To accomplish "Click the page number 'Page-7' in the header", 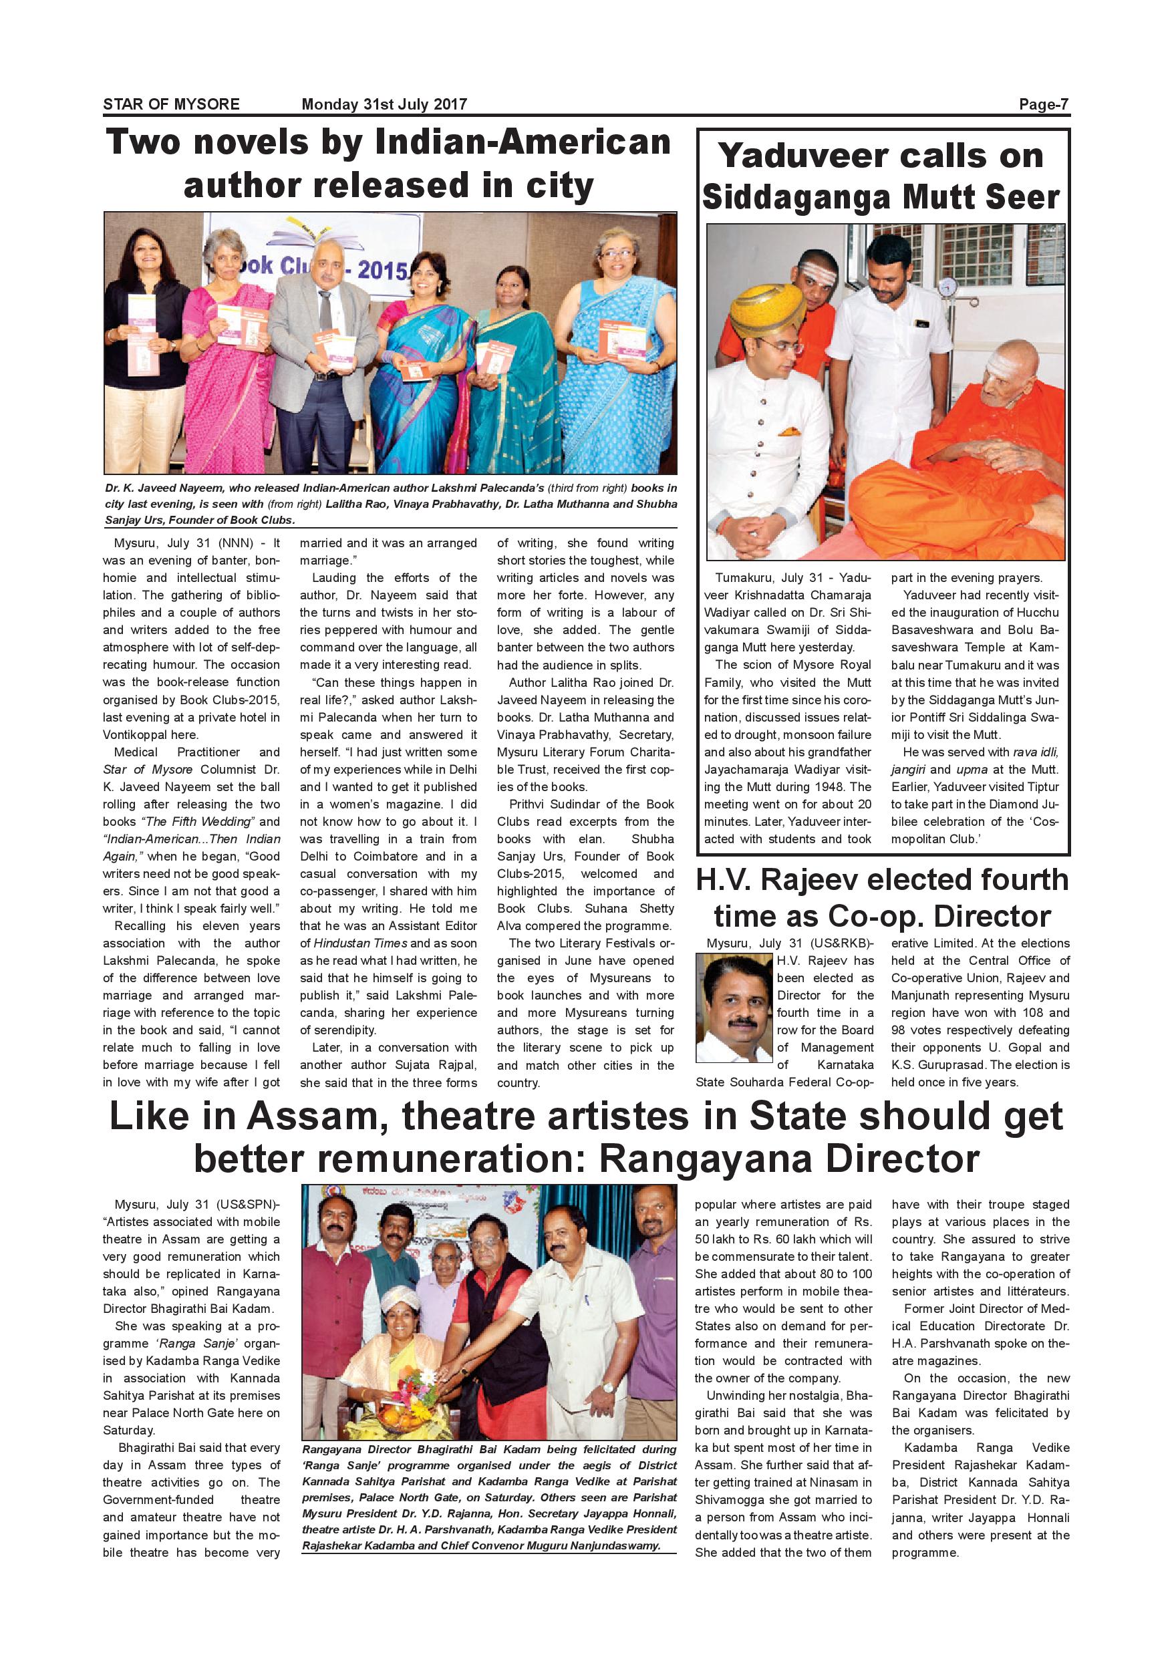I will click(1044, 105).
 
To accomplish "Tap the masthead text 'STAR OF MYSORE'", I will click(171, 105).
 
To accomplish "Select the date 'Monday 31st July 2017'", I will click(384, 105).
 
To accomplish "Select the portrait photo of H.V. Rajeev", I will click(733, 1008).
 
